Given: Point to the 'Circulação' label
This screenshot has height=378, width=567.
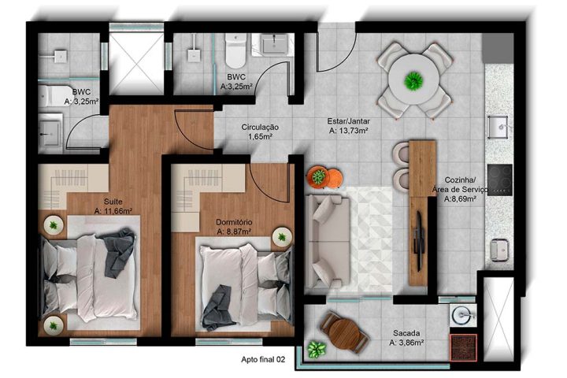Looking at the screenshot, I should click(x=260, y=127).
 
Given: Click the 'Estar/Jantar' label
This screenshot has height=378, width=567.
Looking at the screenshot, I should click(x=349, y=121).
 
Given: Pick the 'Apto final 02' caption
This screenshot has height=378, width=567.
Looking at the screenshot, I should click(x=262, y=360).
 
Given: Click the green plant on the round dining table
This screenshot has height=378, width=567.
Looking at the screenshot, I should click(x=413, y=80).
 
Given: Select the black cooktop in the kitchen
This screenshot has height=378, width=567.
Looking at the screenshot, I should click(x=499, y=180).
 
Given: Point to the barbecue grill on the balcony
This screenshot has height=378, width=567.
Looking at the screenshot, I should click(x=461, y=346).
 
